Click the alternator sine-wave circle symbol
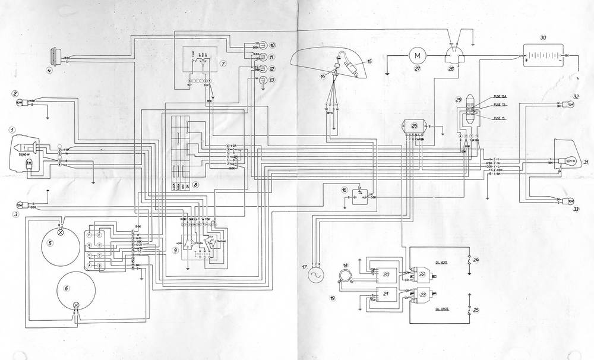(315, 275)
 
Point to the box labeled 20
(387, 274)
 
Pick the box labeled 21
(387, 295)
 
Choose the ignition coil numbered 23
(423, 295)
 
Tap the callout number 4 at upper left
(50, 70)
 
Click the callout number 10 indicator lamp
(273, 45)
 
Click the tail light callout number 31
(586, 162)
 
